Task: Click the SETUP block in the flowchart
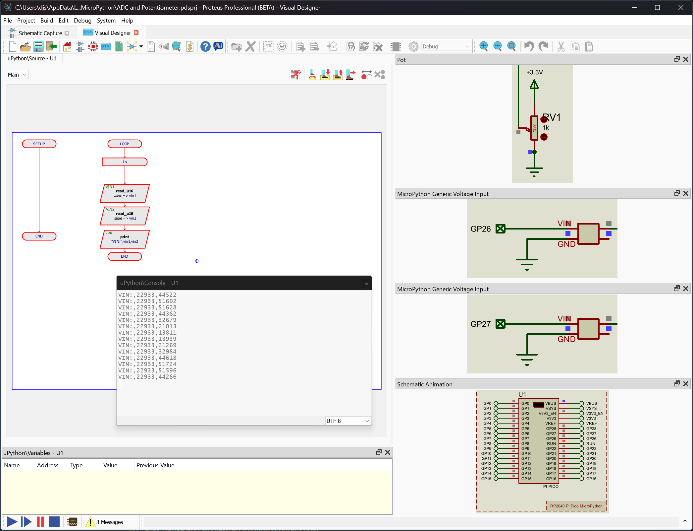click(39, 144)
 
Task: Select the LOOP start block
click(125, 144)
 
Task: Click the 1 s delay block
click(125, 162)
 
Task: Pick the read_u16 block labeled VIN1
click(125, 193)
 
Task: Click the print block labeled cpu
click(125, 239)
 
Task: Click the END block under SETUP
click(39, 236)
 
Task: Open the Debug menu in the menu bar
click(82, 21)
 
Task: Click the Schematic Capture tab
click(40, 33)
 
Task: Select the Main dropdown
click(17, 75)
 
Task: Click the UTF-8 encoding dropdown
click(347, 421)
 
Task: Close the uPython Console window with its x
click(366, 284)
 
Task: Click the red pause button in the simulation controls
click(40, 522)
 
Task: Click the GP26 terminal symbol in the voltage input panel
click(501, 229)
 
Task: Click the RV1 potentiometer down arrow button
click(544, 137)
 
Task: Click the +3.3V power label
click(534, 72)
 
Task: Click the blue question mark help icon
click(205, 46)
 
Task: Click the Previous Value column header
click(155, 465)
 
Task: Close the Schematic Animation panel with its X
click(686, 384)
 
